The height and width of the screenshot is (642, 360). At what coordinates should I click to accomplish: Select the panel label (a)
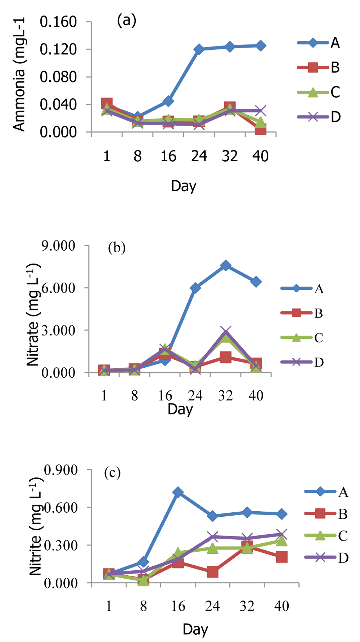(126, 21)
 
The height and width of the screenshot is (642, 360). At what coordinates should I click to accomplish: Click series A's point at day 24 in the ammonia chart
(199, 49)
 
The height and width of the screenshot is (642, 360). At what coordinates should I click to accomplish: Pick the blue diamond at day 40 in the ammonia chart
(260, 46)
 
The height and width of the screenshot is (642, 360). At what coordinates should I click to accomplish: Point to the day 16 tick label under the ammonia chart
(168, 156)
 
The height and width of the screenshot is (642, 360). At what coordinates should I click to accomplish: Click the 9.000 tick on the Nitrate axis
(58, 246)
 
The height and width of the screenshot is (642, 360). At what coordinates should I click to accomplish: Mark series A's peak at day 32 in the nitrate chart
(226, 266)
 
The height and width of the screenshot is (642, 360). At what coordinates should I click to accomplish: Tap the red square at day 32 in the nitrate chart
(226, 358)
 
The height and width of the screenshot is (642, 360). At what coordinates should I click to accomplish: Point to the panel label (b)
(117, 248)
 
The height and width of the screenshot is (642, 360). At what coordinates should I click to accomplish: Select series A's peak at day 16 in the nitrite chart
(178, 492)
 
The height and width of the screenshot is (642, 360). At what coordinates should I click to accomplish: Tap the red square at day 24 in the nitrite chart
(212, 572)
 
